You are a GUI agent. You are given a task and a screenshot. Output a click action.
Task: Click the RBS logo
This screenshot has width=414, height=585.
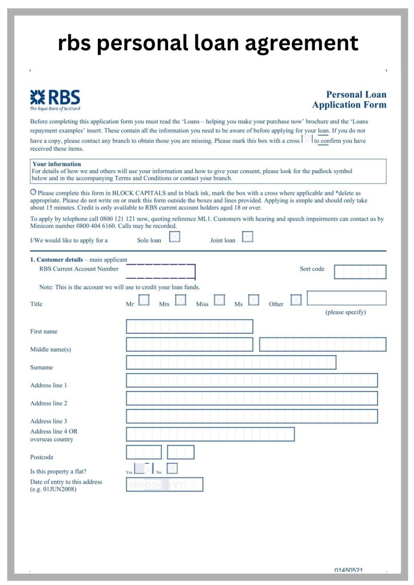(55, 99)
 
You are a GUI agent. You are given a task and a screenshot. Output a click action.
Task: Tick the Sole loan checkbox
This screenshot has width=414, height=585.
(174, 237)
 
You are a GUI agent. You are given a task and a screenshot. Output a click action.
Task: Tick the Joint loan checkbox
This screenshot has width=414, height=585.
(248, 237)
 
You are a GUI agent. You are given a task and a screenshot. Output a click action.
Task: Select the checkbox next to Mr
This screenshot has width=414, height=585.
(144, 300)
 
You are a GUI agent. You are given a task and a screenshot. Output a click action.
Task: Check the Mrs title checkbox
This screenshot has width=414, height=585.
(181, 300)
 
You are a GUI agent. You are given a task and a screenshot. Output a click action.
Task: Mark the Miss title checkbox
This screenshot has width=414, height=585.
(219, 300)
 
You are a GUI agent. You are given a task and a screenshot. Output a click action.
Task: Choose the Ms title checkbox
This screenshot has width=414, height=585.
(254, 300)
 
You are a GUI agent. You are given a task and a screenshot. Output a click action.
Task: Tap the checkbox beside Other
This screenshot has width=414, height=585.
(296, 300)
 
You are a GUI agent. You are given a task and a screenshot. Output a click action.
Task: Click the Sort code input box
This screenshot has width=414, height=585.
(360, 272)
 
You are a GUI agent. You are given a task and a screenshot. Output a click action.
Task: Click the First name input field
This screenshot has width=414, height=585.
(189, 326)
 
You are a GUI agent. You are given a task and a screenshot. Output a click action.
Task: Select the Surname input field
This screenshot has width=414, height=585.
(230, 362)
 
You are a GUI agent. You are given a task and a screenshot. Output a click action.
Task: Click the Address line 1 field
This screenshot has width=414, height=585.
(252, 380)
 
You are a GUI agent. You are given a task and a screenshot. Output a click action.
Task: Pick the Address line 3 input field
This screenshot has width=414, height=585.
(252, 416)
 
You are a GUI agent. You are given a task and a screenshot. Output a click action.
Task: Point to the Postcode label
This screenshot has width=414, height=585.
(42, 458)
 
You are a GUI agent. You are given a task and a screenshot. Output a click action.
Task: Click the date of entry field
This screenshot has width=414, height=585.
(164, 484)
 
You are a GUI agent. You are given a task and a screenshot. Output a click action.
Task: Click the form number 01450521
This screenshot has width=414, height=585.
(349, 570)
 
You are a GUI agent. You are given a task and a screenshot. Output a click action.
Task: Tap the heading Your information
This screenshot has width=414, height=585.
(57, 165)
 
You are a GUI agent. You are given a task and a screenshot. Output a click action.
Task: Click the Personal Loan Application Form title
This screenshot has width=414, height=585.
(349, 99)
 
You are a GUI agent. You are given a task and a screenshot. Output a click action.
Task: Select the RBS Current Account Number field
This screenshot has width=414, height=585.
(161, 271)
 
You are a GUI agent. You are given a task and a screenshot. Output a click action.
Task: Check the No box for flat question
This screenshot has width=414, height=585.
(172, 468)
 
